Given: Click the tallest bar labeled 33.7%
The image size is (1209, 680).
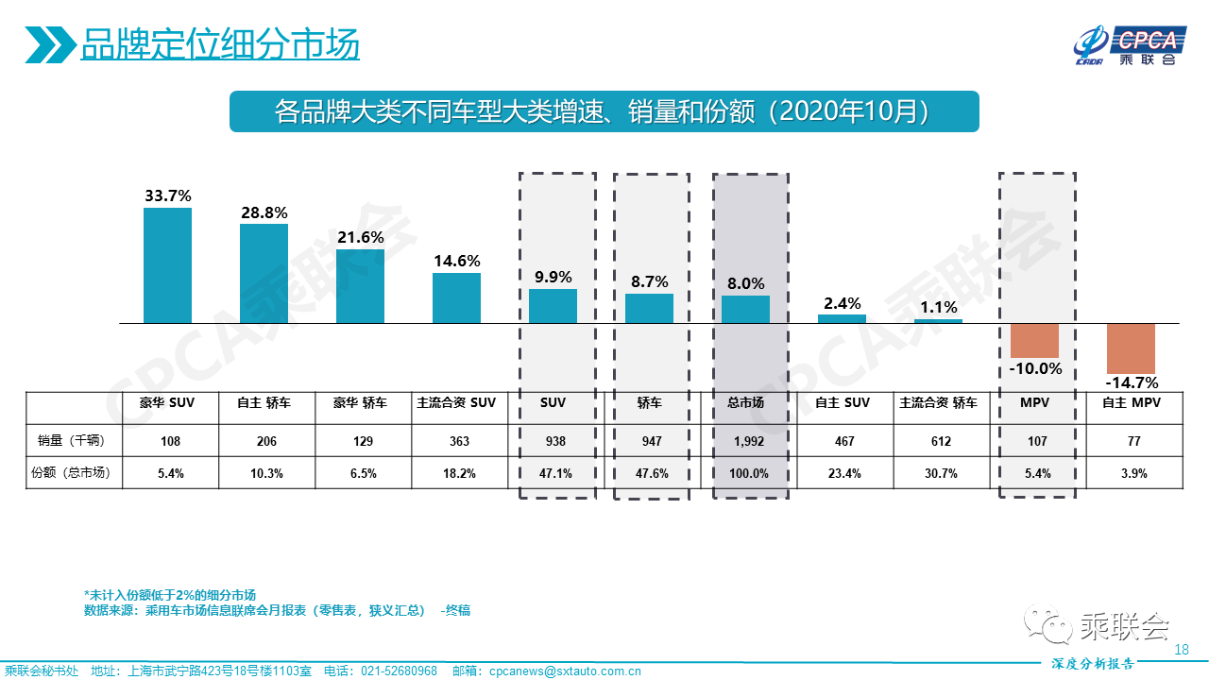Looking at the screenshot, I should coord(167,265).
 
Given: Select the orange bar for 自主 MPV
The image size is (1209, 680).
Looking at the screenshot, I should coord(1131,348).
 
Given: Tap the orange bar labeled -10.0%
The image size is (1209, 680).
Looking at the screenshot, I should coord(1034,340).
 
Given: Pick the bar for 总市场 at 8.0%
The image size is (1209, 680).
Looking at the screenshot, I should coord(745,310).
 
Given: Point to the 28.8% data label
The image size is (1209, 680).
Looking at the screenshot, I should coord(264,212).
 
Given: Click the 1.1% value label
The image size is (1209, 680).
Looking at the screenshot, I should coord(938,307).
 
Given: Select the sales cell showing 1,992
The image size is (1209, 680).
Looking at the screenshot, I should coord(746,441).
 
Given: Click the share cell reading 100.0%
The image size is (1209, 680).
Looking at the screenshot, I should coord(746,473).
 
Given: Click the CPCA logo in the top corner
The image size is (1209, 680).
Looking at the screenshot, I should coord(1126,45).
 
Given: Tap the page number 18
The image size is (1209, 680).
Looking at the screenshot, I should coord(1181,649).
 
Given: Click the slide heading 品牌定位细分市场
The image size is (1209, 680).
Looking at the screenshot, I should coord(219,44).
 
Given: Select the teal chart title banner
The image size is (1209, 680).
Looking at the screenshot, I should coord(604,111).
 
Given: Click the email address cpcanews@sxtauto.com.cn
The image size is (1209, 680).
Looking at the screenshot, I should coord(565,671).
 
